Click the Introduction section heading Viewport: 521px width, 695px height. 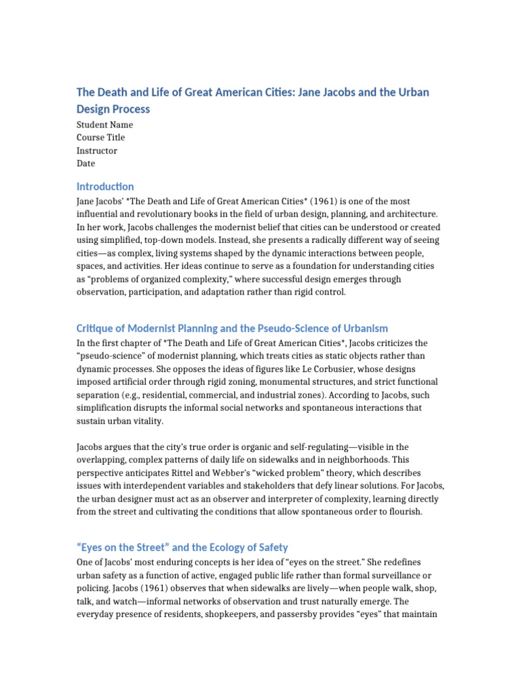[105, 187]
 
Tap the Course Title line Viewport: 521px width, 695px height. [100, 138]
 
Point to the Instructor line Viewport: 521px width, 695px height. [97, 151]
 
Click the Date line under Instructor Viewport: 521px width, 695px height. [85, 164]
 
